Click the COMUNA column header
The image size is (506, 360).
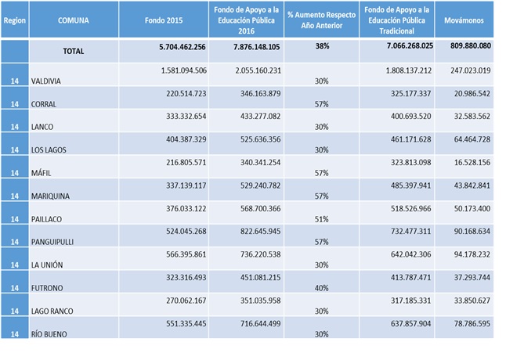pyautogui.click(x=74, y=20)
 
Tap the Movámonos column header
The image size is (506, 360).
pyautogui.click(x=464, y=20)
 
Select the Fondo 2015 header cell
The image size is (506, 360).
pyautogui.click(x=164, y=20)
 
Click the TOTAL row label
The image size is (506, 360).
pyautogui.click(x=74, y=51)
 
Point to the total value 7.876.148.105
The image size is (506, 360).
pyautogui.click(x=257, y=47)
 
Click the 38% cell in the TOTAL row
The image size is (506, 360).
pyautogui.click(x=322, y=46)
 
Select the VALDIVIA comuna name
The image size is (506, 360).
pyautogui.click(x=46, y=81)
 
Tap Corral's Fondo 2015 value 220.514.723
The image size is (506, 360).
pyautogui.click(x=186, y=93)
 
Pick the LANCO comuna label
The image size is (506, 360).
pyautogui.click(x=42, y=127)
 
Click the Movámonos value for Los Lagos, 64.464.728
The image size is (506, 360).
pyautogui.click(x=472, y=139)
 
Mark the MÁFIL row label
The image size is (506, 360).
pyautogui.click(x=41, y=173)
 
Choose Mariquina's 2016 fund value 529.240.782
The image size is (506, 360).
pyautogui.click(x=260, y=185)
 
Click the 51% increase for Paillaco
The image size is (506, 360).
pyautogui.click(x=322, y=219)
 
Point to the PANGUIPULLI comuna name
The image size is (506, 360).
pyautogui.click(x=52, y=242)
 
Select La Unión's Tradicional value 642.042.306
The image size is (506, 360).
pyautogui.click(x=410, y=254)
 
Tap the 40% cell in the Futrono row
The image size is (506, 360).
pyautogui.click(x=322, y=288)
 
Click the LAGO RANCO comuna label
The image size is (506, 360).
pyautogui.click(x=52, y=311)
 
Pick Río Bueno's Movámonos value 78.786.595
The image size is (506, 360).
pyautogui.click(x=472, y=323)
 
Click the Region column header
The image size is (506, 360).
pyautogui.click(x=15, y=20)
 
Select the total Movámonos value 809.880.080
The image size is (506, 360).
pyautogui.click(x=471, y=45)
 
